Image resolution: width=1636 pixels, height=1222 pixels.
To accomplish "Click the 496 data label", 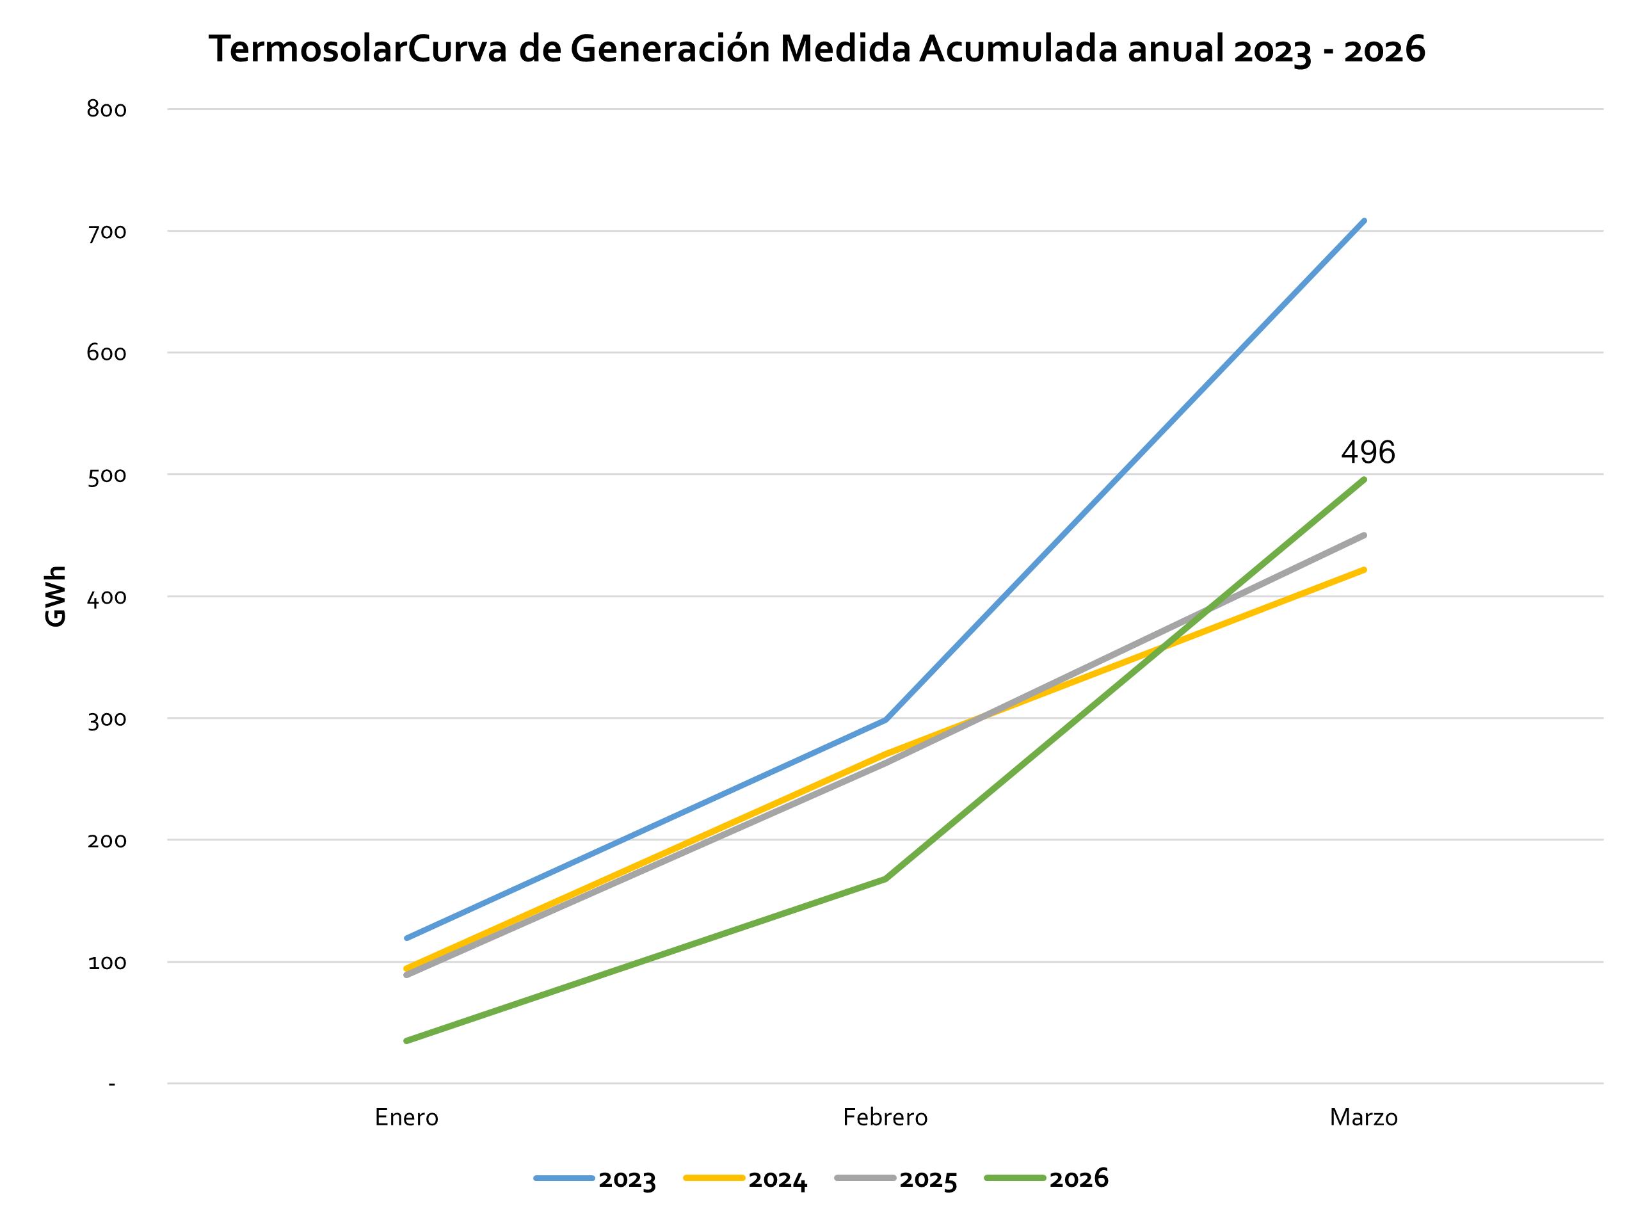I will [x=1368, y=452].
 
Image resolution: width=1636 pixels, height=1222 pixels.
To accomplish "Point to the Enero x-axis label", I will [x=407, y=1117].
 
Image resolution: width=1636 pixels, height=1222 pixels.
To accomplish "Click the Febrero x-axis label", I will [x=885, y=1117].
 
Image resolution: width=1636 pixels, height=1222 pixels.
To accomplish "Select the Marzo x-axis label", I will [x=1364, y=1117].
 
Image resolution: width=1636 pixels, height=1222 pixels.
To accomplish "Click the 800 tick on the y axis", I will [x=106, y=109].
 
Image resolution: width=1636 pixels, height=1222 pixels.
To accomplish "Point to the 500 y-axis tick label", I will [x=106, y=475].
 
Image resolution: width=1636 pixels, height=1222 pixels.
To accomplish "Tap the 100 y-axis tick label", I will [x=106, y=962].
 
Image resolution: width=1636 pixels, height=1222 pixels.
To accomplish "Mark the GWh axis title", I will [x=56, y=596].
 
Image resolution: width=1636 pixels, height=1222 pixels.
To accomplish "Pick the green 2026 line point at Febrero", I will [x=885, y=879].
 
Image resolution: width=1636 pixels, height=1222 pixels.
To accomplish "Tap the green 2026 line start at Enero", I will [x=407, y=1041].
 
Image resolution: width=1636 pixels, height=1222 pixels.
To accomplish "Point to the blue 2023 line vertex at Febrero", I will [x=885, y=720].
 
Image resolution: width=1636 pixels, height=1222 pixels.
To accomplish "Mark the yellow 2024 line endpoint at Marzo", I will [x=1364, y=570].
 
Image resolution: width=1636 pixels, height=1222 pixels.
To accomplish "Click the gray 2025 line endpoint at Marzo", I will [x=1364, y=535].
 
